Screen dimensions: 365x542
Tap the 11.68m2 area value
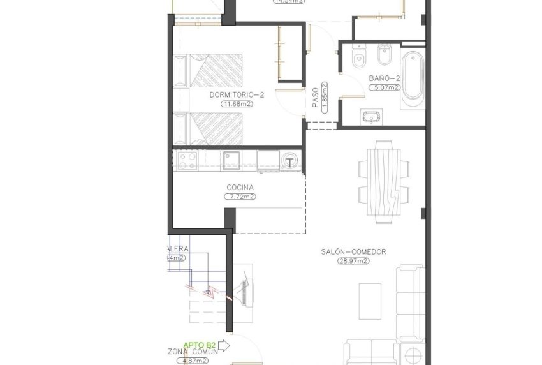235,103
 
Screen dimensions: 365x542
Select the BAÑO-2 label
384,78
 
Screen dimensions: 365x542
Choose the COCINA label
240,188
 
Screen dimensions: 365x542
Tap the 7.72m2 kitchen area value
240,197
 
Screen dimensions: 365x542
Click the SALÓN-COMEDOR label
354,251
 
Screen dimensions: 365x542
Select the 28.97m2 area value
354,260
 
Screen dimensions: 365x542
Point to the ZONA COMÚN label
194,350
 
